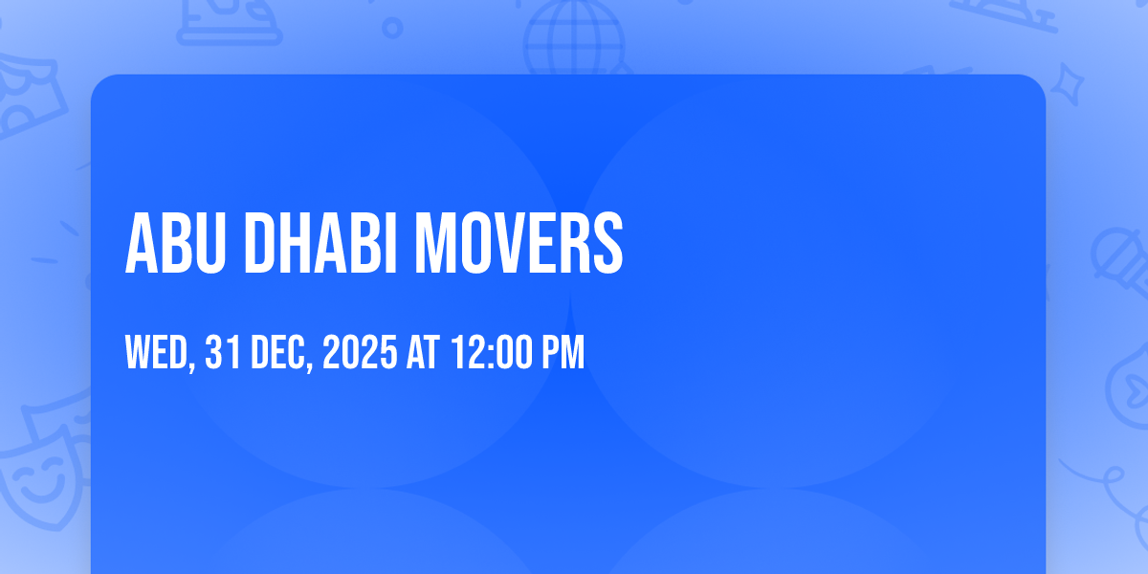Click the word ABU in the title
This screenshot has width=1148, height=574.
click(175, 243)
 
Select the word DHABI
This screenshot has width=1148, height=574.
click(320, 243)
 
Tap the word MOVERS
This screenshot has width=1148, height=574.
click(519, 243)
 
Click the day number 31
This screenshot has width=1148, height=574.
click(223, 352)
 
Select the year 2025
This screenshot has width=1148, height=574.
click(360, 352)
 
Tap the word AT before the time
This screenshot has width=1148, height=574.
click(423, 352)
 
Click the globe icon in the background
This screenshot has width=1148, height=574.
click(575, 37)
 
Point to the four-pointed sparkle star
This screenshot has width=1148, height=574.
click(1067, 84)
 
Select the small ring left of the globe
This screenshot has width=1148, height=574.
click(392, 28)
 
